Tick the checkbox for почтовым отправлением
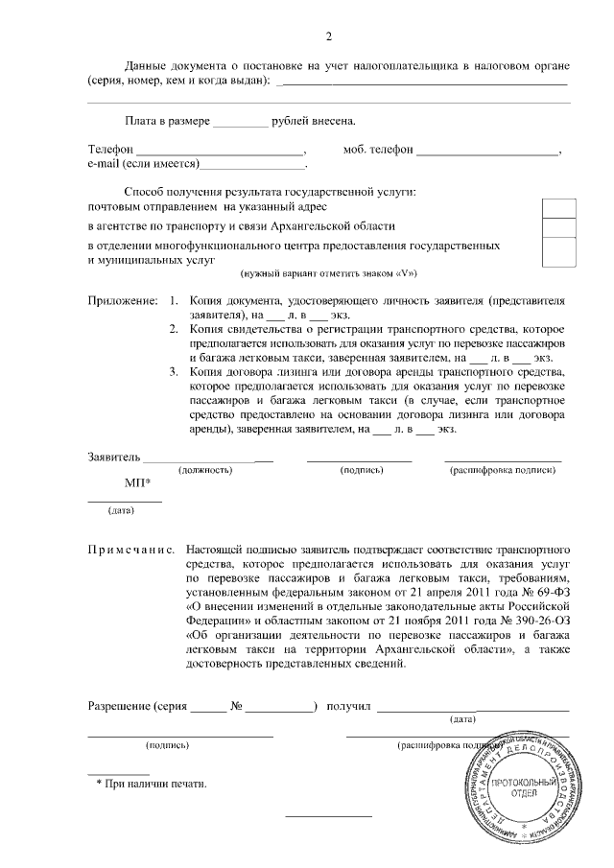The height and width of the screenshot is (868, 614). [x=558, y=207]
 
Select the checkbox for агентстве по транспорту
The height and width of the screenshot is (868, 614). [x=558, y=227]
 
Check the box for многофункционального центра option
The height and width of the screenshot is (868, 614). [x=558, y=251]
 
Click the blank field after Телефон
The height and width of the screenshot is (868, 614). [x=218, y=151]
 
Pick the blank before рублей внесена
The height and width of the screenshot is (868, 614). [x=240, y=122]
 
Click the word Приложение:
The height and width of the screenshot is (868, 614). [x=123, y=300]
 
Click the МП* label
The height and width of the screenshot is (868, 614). [x=137, y=483]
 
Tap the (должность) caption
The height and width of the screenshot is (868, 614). [x=206, y=471]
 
